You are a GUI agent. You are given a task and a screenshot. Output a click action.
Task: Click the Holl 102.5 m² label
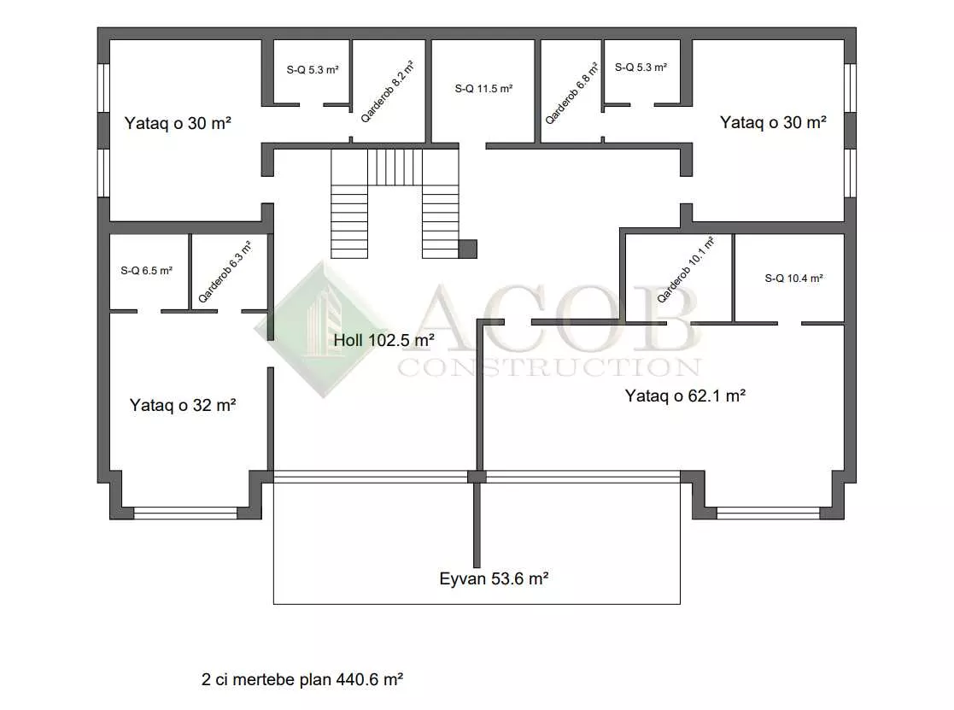384,340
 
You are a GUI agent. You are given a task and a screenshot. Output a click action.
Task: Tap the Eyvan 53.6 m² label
494,578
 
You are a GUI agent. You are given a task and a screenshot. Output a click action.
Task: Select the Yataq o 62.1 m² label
685,396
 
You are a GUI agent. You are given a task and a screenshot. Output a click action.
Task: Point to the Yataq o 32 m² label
183,405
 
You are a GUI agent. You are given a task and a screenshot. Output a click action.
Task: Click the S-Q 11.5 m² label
483,89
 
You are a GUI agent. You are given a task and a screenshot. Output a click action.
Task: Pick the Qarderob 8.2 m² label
387,92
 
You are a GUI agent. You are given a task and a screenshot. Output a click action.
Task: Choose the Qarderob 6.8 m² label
571,94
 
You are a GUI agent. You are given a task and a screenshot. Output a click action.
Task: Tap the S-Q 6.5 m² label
146,271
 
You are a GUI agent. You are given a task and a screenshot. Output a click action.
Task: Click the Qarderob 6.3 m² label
225,272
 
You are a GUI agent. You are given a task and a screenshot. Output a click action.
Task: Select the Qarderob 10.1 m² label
686,269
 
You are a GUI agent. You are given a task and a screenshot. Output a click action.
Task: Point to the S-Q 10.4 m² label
794,279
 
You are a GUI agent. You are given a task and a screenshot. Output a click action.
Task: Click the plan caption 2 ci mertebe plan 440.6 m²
302,679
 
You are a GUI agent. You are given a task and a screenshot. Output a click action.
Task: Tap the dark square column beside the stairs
468,249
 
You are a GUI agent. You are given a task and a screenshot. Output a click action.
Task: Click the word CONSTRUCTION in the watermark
549,367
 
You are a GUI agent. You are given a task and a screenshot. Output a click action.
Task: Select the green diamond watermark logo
324,329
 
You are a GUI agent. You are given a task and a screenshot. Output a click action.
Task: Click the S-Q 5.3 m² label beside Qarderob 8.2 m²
313,70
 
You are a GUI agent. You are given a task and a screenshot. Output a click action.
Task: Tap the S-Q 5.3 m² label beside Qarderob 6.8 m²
641,67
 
